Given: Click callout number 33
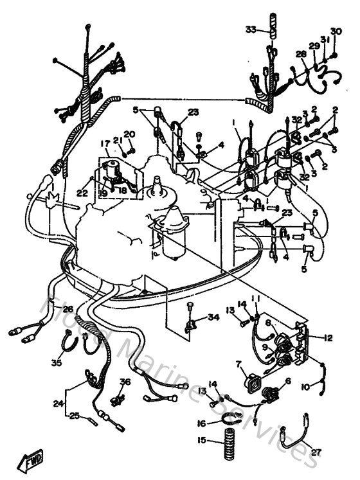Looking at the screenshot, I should tap(251, 29).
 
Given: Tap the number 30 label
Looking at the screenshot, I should tap(336, 31).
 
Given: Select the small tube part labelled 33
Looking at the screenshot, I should tap(271, 30).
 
